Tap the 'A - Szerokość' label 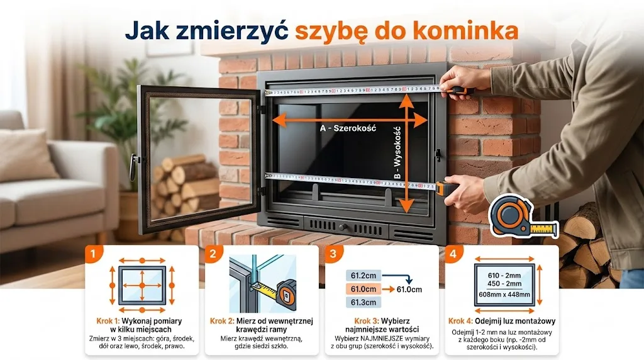[347, 128]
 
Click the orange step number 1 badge [92, 254]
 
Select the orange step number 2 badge [213, 254]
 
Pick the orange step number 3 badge [333, 254]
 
